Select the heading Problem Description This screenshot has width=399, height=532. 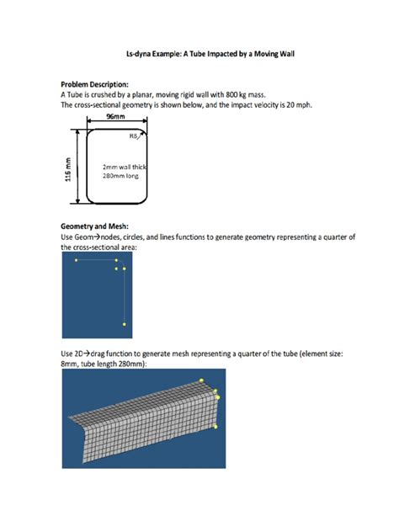94,85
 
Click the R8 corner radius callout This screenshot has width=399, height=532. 133,136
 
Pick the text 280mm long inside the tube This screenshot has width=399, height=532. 120,177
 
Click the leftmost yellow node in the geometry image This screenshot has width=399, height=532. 76,261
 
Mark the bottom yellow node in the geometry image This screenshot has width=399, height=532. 125,323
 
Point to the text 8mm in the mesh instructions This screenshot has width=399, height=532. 71,364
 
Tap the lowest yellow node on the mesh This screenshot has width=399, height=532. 216,428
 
